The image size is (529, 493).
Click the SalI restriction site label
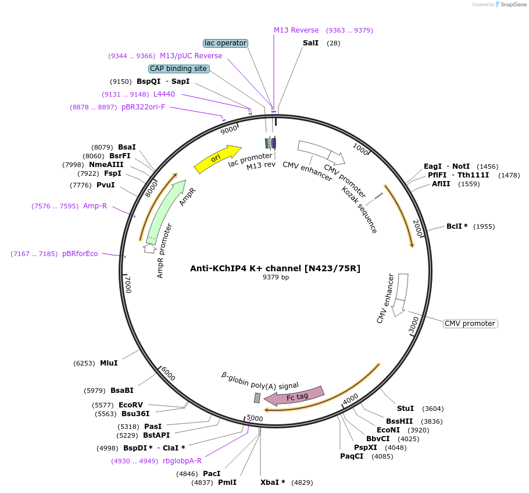point(310,43)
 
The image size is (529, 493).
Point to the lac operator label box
point(226,43)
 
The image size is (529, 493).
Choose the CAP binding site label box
point(178,69)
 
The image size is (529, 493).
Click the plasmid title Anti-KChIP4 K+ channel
point(275,268)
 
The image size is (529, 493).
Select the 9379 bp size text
point(276,278)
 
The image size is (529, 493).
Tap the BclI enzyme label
point(457,226)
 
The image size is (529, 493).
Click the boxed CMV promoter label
point(470,324)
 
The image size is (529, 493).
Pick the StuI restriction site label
point(405,409)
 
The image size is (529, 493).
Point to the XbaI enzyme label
point(273,483)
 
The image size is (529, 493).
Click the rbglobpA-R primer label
point(182,461)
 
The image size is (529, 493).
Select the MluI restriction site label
point(109,363)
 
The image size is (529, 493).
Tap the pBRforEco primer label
point(80,254)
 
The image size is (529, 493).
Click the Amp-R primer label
point(95,206)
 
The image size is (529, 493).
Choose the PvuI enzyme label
point(105,185)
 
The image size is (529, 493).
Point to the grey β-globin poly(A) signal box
point(257,398)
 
